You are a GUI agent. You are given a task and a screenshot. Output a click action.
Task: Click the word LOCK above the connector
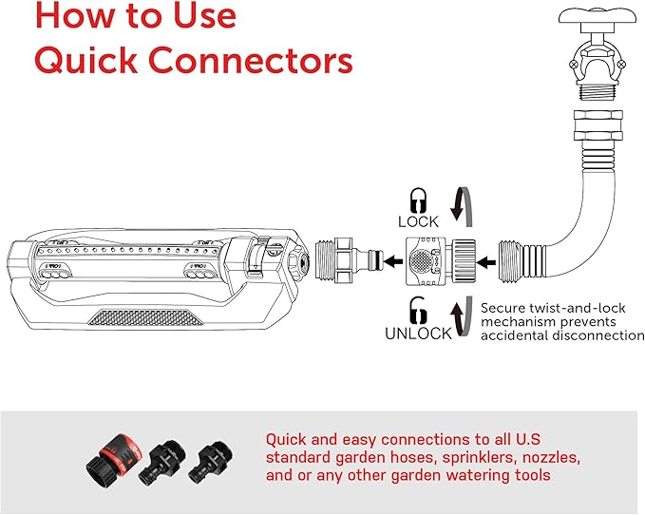[419, 222]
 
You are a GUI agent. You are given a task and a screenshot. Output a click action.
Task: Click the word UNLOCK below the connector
[419, 334]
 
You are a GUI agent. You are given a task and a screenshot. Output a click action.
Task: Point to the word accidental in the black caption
[522, 335]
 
